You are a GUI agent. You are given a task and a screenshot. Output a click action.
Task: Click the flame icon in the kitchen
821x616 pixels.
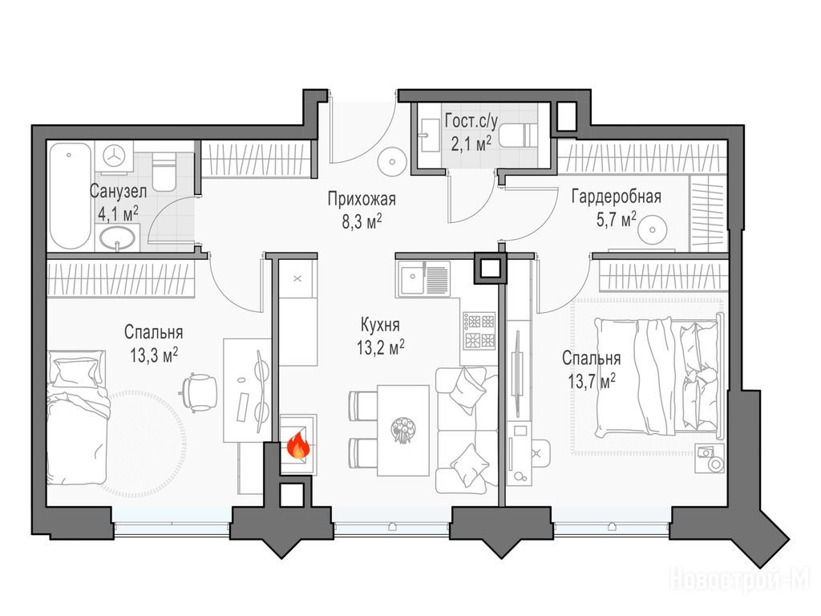298,446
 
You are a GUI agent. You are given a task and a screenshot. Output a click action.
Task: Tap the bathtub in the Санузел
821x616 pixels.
71,196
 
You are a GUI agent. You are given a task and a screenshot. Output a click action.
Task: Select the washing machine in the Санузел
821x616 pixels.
115,156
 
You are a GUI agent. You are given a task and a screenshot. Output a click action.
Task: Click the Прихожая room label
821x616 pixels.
362,199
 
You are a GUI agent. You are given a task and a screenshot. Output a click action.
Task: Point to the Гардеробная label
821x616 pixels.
617,197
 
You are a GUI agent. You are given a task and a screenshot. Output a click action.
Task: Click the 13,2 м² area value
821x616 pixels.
381,347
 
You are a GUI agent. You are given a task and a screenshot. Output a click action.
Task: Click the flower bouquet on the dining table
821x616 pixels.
402,428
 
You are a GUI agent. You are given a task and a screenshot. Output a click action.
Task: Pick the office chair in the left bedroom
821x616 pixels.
200,391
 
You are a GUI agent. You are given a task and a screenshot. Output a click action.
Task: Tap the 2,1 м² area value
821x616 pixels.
471,144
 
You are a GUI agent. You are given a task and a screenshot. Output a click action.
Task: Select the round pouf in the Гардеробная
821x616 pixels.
653,229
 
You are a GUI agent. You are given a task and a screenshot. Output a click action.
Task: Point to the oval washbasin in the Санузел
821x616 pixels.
118,239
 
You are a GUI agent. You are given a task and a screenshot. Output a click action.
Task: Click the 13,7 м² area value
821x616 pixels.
592,381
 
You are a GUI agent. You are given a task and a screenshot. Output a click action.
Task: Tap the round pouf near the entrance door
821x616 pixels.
391,160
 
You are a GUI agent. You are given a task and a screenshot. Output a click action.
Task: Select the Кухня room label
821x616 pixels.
381,326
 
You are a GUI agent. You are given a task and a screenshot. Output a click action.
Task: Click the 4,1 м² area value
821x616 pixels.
119,213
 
